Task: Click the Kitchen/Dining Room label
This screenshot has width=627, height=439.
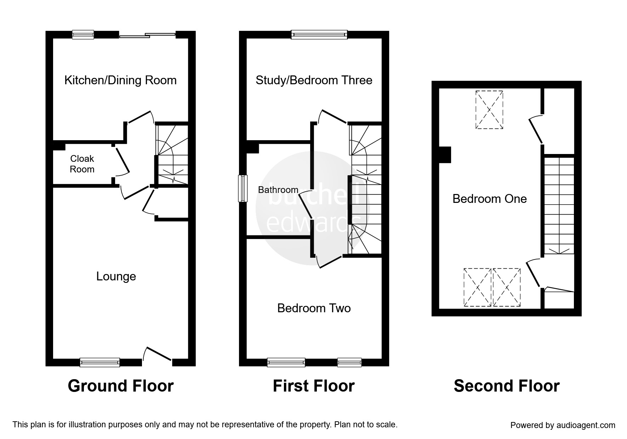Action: click(120, 80)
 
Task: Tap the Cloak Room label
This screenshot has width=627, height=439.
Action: click(82, 164)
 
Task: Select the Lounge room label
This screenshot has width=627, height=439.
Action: click(116, 276)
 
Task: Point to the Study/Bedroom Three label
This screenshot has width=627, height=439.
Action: click(314, 80)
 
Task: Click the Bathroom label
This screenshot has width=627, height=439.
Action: click(278, 190)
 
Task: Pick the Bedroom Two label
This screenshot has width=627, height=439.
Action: click(314, 308)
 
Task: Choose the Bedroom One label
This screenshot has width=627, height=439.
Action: click(489, 199)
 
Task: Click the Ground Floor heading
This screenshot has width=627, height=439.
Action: click(120, 386)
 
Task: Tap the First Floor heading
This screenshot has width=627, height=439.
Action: click(314, 386)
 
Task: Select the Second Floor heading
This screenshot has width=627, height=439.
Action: click(507, 386)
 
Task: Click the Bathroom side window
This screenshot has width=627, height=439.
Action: click(243, 188)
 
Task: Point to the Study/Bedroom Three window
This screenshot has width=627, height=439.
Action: click(319, 34)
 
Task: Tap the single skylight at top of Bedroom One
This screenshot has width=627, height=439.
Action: click(489, 110)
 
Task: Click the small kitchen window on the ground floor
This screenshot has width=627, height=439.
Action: click(83, 34)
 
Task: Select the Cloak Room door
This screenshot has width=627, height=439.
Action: click(122, 161)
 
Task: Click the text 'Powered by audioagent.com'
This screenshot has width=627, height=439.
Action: click(563, 425)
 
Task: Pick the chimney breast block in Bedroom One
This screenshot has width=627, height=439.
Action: click(445, 155)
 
